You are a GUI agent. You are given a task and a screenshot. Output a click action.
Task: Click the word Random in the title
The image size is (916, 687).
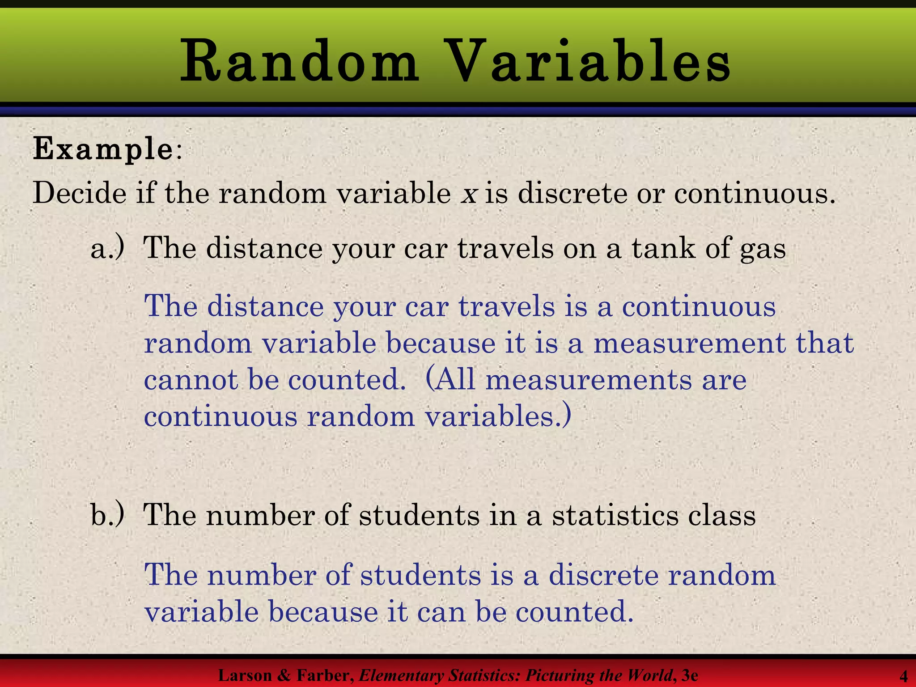299,62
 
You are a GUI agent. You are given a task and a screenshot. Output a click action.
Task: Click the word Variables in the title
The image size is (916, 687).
589,62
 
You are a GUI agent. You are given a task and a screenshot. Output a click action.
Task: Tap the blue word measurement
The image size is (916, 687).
689,343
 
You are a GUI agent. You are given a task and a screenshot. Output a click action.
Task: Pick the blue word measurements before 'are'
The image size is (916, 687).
588,380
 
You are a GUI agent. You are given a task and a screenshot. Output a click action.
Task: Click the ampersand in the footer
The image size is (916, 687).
284,675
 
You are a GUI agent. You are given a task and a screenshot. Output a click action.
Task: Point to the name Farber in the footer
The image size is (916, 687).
325,675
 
